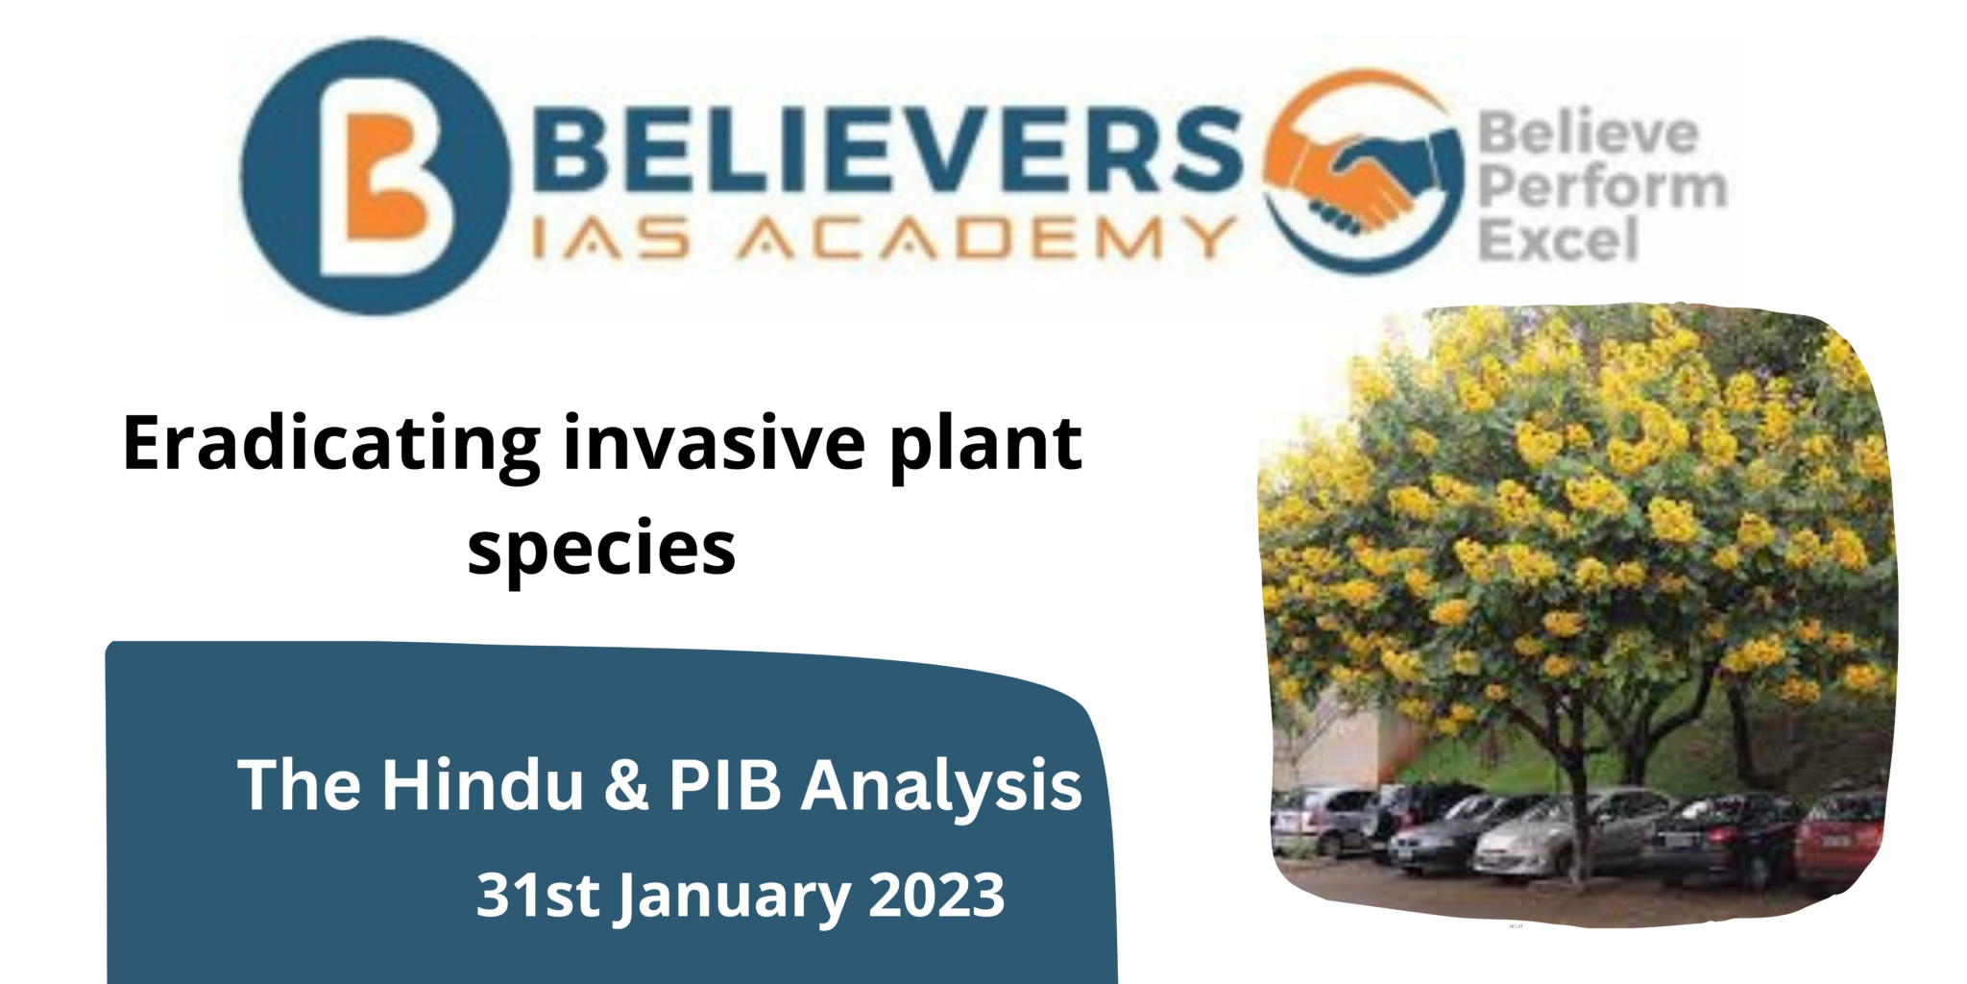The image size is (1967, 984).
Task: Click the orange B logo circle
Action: coord(376,177)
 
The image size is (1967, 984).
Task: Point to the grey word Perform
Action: coord(1601,186)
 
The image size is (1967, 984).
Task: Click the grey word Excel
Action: coord(1558,239)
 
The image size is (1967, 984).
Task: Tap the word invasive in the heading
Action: coord(715,443)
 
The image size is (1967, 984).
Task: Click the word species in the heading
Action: coord(601,550)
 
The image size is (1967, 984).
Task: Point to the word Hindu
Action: coord(482,785)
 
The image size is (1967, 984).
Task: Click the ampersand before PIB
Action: coord(626,785)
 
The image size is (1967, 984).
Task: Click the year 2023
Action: coord(936,895)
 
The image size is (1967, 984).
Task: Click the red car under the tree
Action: coord(1838,839)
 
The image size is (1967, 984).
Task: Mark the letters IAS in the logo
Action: coord(611,237)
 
